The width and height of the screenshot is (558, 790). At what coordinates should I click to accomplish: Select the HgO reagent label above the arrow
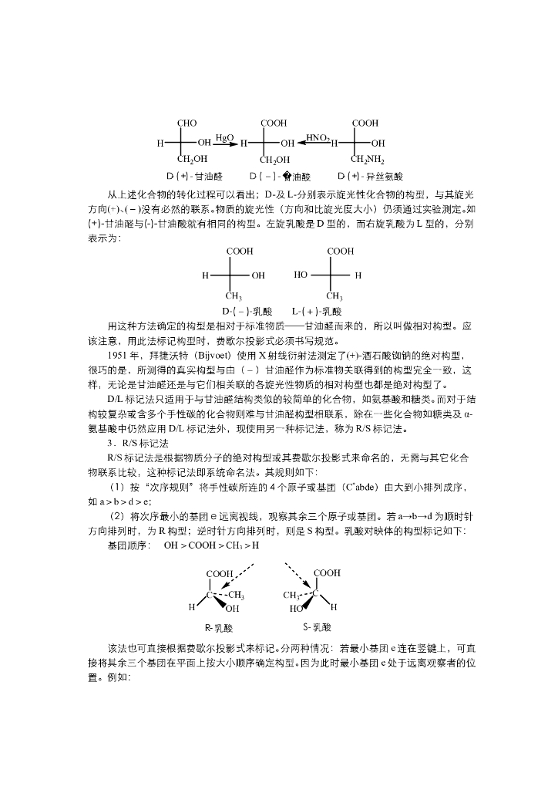coord(224,137)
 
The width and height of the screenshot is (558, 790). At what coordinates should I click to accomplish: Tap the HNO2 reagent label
coord(318,137)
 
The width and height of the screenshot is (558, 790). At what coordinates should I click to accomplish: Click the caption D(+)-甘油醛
coord(193,176)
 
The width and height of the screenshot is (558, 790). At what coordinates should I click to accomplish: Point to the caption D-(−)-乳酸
coord(247,312)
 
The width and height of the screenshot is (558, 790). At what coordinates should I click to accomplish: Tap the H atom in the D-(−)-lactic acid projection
coord(205,275)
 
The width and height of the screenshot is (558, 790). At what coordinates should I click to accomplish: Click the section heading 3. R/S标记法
coord(137,443)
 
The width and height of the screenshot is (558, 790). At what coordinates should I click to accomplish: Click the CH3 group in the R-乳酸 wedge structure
coord(236,595)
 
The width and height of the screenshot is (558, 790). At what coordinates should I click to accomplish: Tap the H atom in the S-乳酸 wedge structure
coord(333,607)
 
